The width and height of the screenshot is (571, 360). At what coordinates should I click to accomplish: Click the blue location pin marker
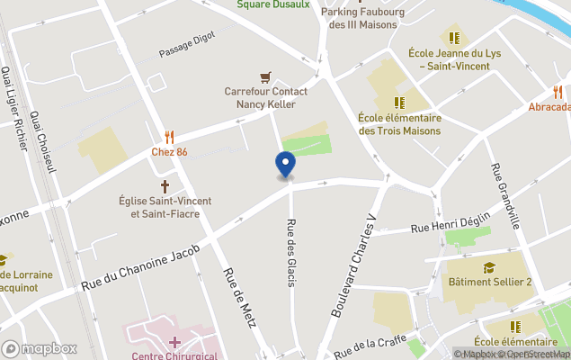[x=285, y=166]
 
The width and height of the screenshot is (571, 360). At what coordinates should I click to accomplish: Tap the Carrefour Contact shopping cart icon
[x=265, y=76]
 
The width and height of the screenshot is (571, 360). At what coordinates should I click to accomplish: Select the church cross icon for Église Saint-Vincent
[x=165, y=184]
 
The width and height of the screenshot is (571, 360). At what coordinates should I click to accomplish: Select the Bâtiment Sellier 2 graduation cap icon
[x=490, y=267]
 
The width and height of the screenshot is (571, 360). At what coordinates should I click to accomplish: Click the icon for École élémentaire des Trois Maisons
[x=398, y=103]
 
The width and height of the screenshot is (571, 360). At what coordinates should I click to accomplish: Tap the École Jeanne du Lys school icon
[x=454, y=38]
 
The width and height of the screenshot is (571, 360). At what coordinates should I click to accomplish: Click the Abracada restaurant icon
[x=558, y=91]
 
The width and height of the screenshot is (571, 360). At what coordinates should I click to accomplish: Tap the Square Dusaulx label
[x=273, y=4]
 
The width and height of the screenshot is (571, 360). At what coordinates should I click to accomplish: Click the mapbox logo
[x=40, y=348]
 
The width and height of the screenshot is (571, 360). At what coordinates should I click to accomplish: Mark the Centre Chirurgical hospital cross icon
[x=174, y=342]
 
